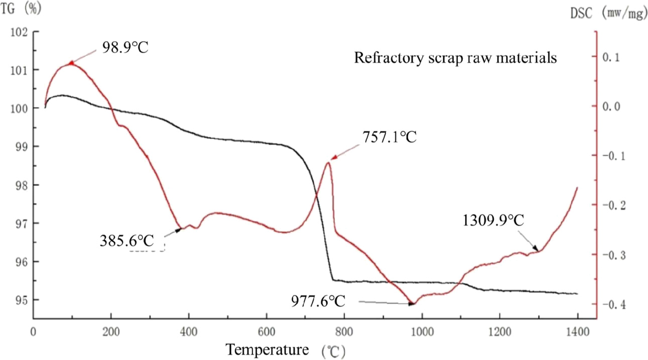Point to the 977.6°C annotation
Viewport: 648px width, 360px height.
pyautogui.click(x=318, y=301)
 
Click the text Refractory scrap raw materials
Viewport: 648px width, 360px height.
pyautogui.click(x=455, y=58)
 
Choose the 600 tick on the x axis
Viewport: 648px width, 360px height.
pyautogui.click(x=267, y=332)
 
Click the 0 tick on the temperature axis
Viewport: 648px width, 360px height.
pyautogui.click(x=33, y=332)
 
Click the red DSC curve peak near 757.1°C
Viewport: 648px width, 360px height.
pyautogui.click(x=328, y=162)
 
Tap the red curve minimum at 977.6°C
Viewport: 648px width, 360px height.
pyautogui.click(x=412, y=304)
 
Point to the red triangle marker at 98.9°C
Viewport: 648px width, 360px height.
pyautogui.click(x=71, y=63)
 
